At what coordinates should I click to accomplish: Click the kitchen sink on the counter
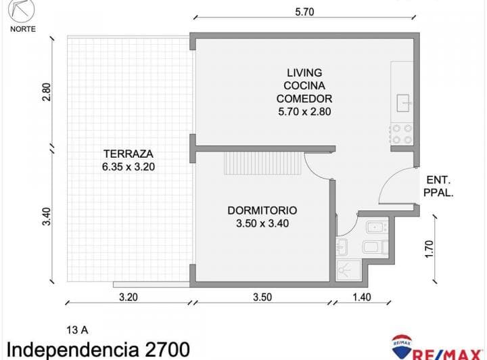coord(404,102)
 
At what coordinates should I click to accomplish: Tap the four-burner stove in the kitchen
coord(402,133)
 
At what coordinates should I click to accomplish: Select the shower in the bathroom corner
coord(346,270)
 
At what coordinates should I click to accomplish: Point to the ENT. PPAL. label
coord(439,186)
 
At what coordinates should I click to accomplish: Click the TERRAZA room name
coord(127,153)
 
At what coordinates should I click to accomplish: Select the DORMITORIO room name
coord(262,210)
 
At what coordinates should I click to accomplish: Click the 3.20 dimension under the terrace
coord(129,296)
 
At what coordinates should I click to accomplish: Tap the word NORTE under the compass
coord(23,28)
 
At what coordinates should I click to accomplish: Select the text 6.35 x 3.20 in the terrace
coord(127,166)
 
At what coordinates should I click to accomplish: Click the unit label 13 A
coord(77,330)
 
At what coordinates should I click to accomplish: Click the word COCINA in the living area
coord(304,85)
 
